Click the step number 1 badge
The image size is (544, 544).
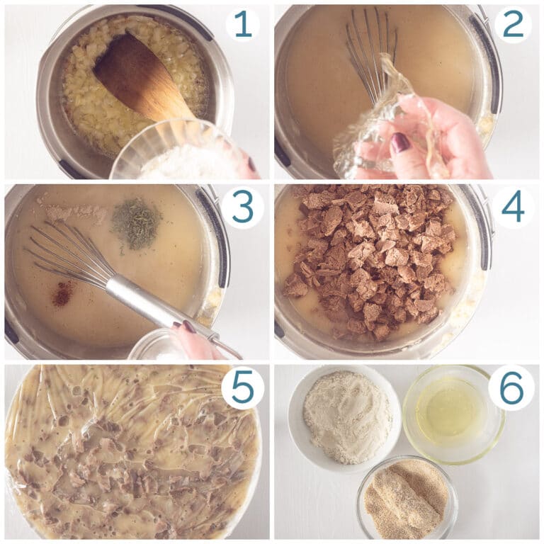pyautogui.click(x=243, y=25)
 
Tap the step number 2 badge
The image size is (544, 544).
pyautogui.click(x=513, y=25)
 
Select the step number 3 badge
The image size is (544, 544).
pyautogui.click(x=243, y=207)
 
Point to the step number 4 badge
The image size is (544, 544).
pyautogui.click(x=513, y=207)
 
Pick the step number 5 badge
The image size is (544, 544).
pyautogui.click(x=243, y=388)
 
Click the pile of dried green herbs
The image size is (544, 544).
pyautogui.click(x=136, y=223)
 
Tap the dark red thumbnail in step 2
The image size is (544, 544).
pyautogui.click(x=400, y=143)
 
